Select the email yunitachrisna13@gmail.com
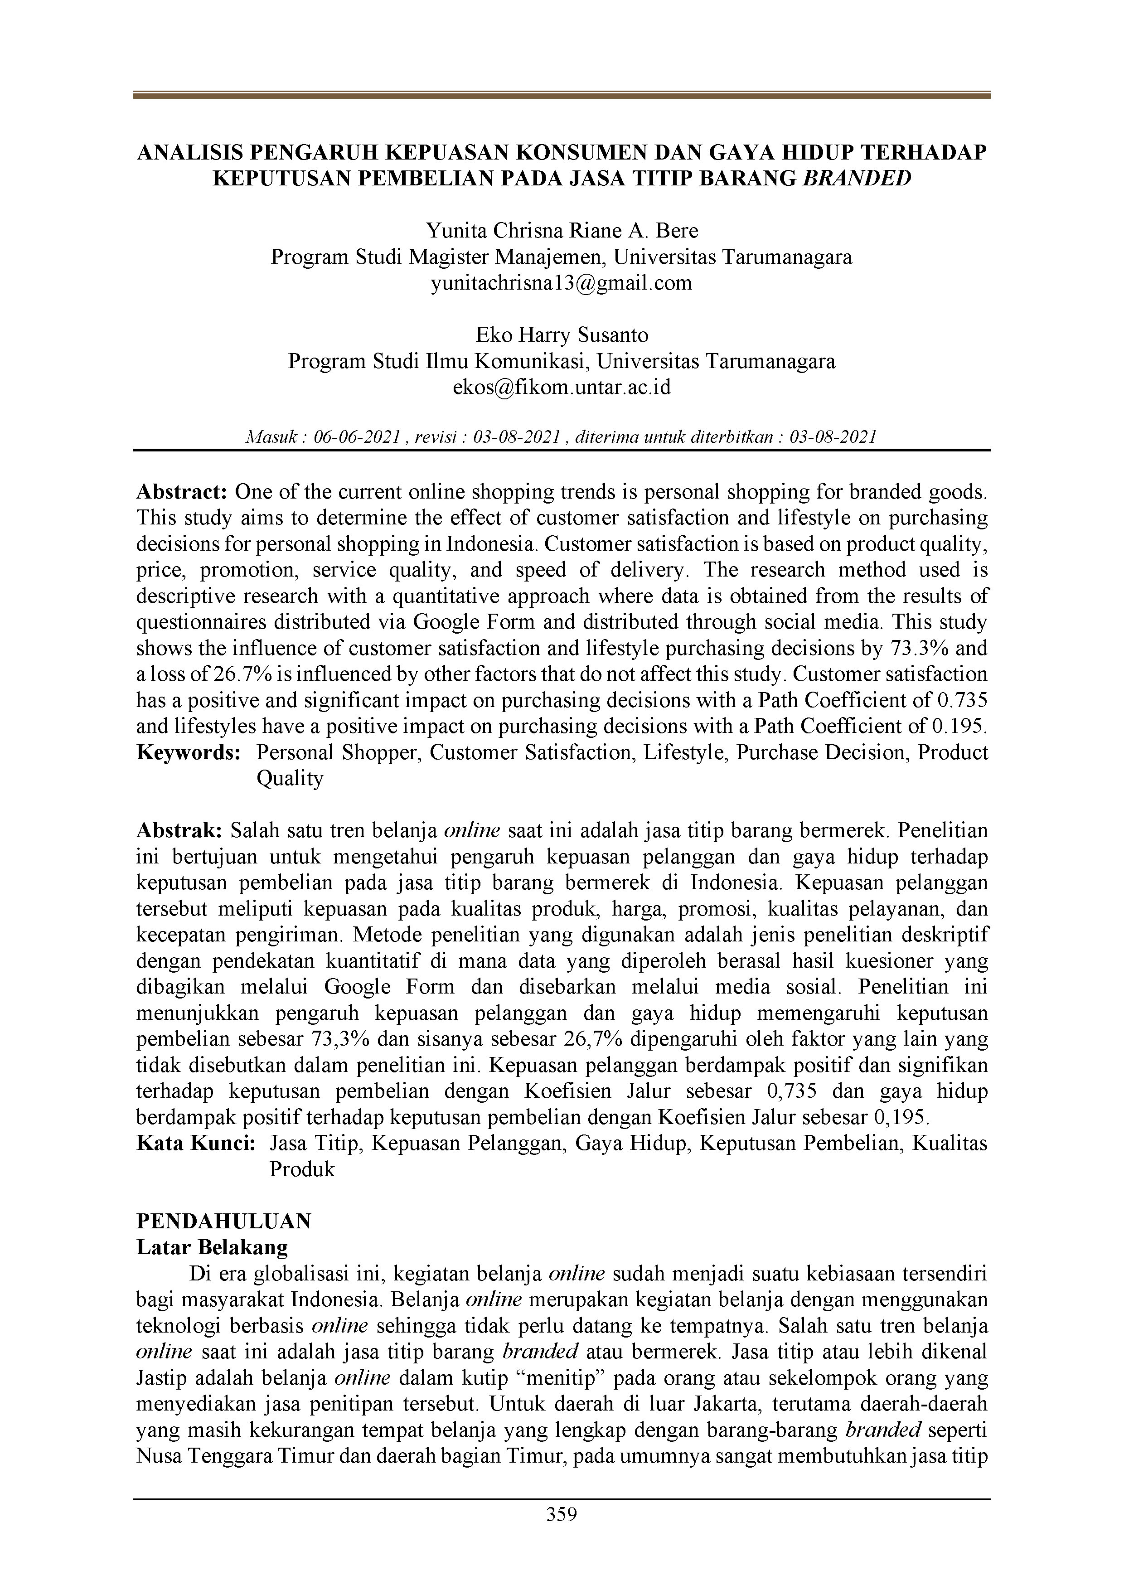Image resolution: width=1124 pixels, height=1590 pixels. pyautogui.click(x=561, y=283)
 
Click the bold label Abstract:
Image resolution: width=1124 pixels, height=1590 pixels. pyautogui.click(x=182, y=492)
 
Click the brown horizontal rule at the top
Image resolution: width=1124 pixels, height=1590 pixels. pyautogui.click(x=561, y=96)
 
